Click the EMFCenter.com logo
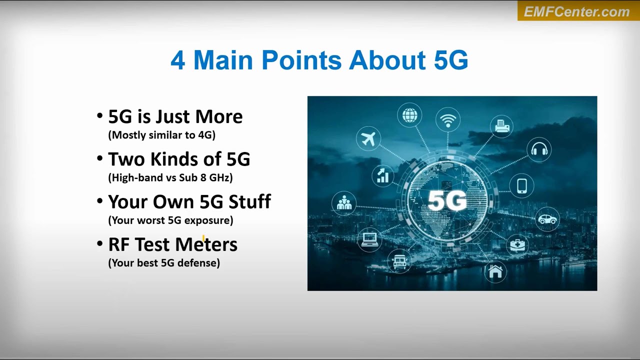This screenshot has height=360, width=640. click(578, 11)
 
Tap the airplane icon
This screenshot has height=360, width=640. click(368, 138)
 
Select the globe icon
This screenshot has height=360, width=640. click(409, 115)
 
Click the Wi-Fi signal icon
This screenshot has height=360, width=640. click(448, 120)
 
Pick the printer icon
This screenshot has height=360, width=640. click(502, 126)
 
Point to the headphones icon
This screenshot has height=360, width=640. click(539, 149)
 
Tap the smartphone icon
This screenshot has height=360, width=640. click(522, 185)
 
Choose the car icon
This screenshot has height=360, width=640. click(547, 219)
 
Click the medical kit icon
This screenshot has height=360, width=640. click(517, 245)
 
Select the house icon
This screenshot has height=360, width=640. click(495, 271)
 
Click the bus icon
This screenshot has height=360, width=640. click(399, 261)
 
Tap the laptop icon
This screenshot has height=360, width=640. click(369, 238)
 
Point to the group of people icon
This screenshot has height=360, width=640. click(344, 203)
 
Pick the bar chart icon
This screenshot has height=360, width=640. click(383, 175)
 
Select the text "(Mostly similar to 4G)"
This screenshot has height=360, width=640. click(162, 135)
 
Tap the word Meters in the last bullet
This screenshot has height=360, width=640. click(206, 244)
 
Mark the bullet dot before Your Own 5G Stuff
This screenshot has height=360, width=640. click(99, 201)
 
